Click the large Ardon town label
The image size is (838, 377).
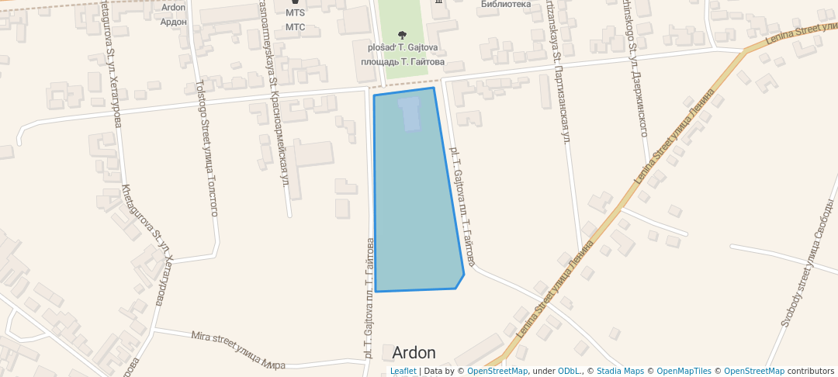[414, 353]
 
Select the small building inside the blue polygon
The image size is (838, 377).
[409, 113]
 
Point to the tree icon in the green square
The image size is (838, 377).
[402, 34]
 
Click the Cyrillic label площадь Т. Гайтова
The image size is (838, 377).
[402, 61]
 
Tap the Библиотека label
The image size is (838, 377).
[506, 4]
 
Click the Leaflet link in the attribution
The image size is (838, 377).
[403, 371]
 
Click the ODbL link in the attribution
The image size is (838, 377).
[570, 371]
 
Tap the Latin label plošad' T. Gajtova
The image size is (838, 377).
[402, 47]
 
